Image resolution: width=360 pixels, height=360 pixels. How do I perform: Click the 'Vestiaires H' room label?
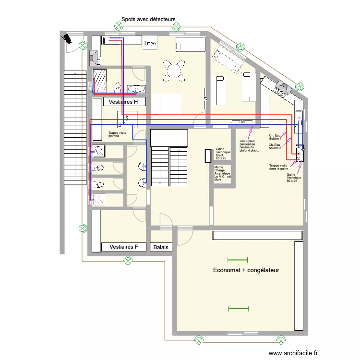point(123,102)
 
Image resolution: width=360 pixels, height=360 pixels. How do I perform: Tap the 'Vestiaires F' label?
point(123,247)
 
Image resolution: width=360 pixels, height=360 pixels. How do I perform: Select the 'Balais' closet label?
point(161,248)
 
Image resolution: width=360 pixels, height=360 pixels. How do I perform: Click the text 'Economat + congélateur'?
point(246,270)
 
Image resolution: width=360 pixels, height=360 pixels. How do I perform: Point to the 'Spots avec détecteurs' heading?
point(148,19)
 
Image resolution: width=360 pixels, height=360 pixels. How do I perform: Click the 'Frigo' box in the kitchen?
point(150,43)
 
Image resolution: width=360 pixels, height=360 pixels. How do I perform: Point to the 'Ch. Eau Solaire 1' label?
point(276,137)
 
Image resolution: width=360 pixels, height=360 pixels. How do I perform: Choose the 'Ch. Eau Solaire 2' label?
point(276,146)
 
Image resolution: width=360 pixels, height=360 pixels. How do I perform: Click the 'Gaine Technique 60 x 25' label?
point(292,178)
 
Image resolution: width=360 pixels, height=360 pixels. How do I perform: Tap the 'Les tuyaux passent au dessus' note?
point(249,146)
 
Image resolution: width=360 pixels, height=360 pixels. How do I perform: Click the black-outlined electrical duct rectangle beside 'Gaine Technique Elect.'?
point(208,156)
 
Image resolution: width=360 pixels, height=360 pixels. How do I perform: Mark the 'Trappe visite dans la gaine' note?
point(279,167)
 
